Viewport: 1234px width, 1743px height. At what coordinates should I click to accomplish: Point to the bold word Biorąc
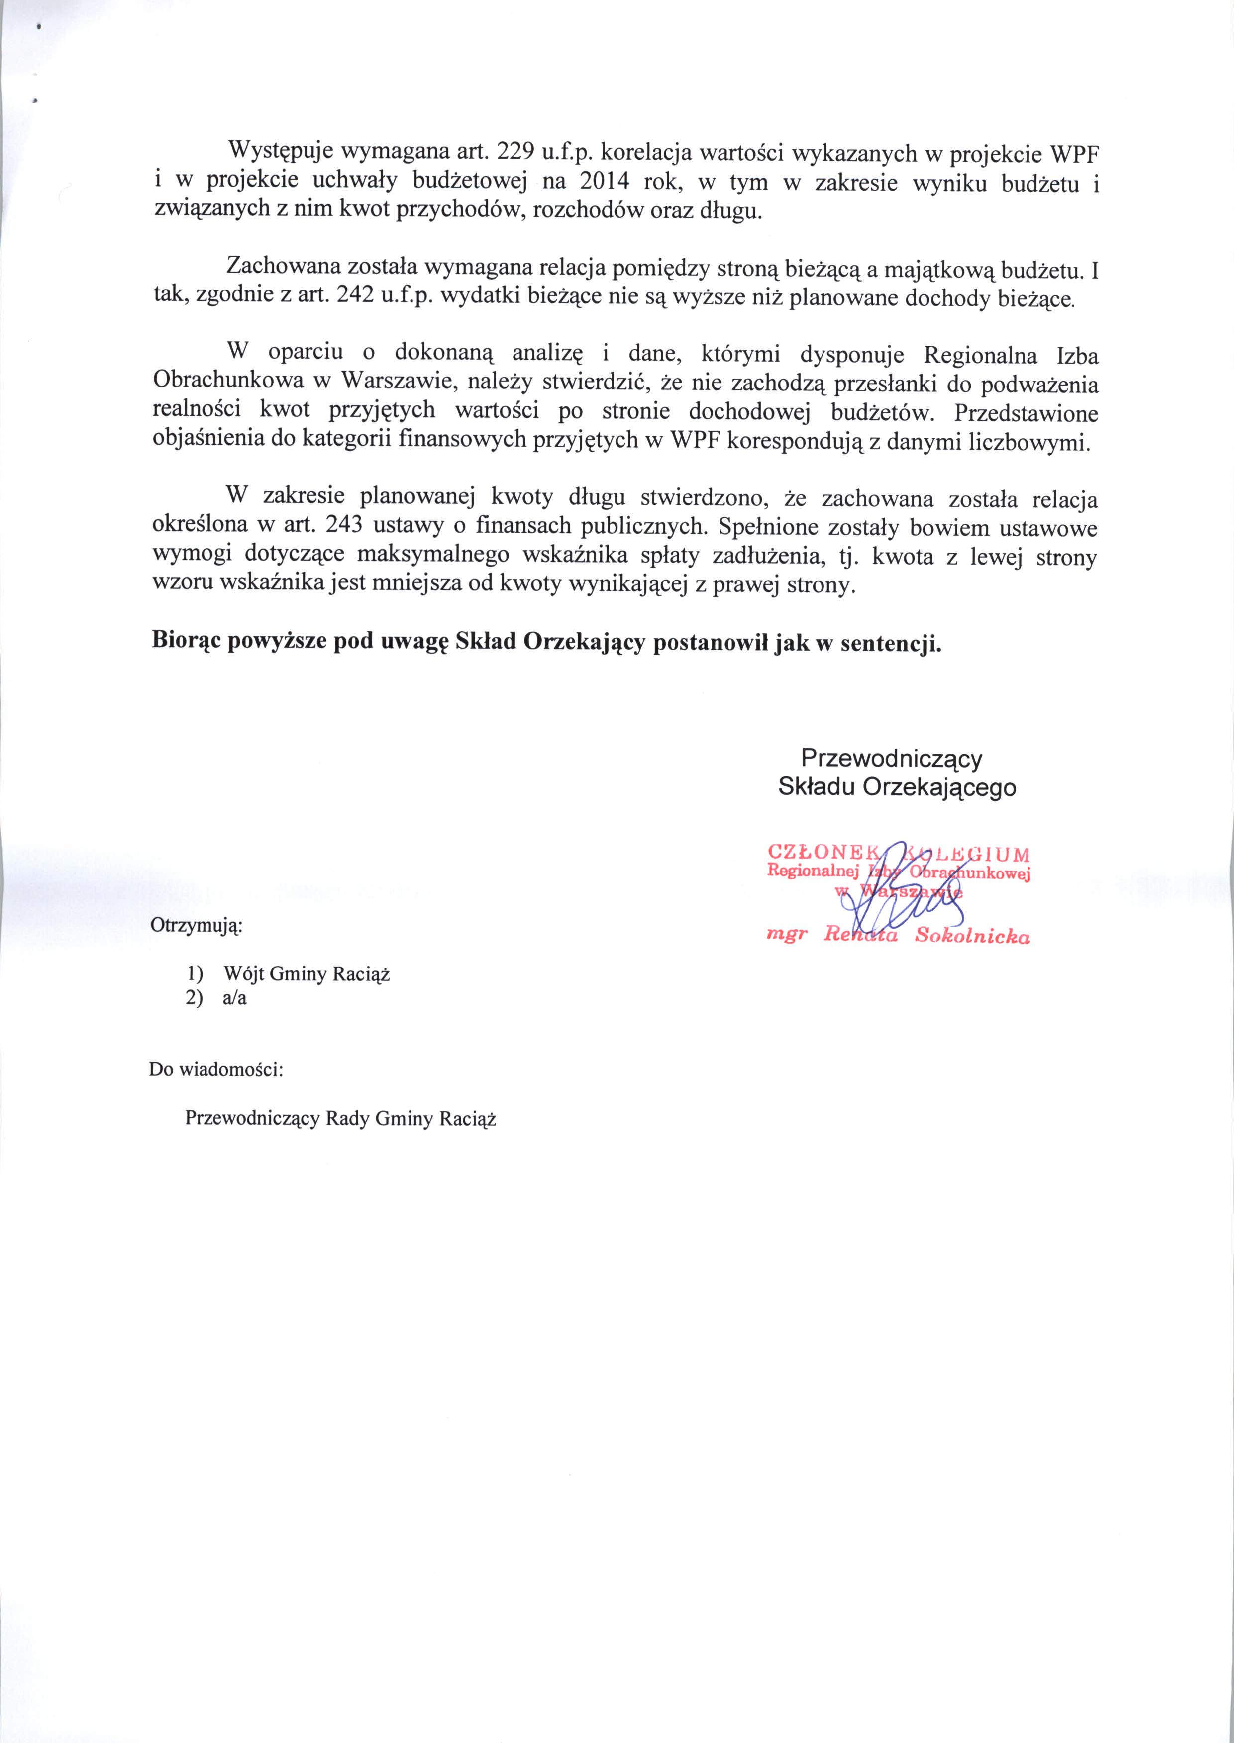(186, 640)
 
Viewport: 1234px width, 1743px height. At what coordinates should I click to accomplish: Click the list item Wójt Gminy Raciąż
(306, 973)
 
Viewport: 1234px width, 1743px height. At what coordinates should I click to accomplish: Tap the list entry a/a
(235, 998)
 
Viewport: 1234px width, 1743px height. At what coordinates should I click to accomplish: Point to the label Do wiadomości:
(216, 1069)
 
